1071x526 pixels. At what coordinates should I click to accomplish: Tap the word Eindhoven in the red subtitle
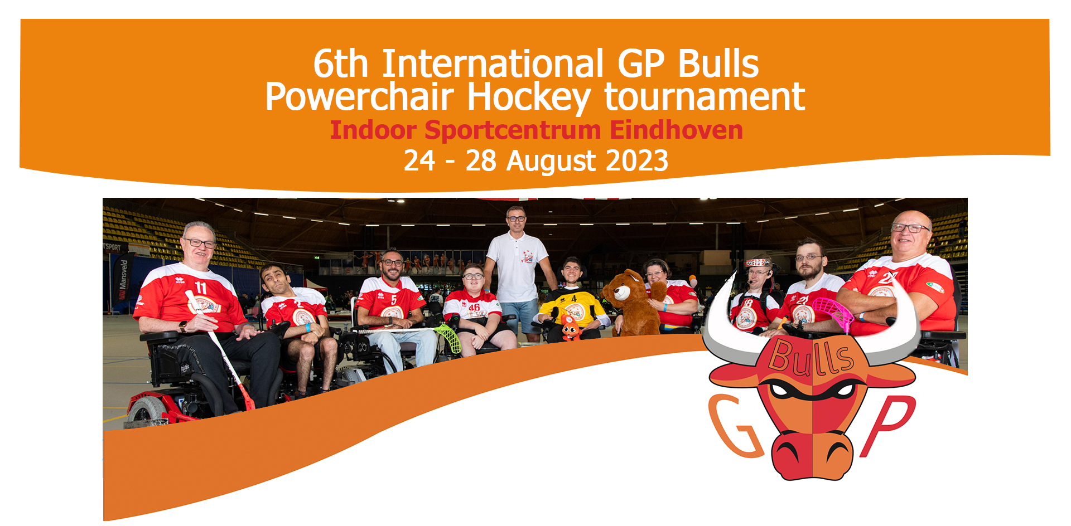pos(676,130)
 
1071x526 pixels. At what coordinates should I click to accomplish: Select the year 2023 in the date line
pos(637,161)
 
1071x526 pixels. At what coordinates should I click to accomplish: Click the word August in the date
pos(552,162)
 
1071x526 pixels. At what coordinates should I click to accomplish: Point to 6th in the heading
pos(341,64)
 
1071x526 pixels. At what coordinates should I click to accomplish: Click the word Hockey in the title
pos(529,99)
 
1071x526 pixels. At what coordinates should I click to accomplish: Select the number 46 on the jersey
pos(474,307)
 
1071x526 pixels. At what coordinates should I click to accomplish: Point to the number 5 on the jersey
pos(394,300)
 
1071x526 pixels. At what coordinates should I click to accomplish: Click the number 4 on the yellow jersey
pos(574,299)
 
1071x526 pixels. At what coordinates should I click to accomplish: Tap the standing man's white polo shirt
pos(517,267)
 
